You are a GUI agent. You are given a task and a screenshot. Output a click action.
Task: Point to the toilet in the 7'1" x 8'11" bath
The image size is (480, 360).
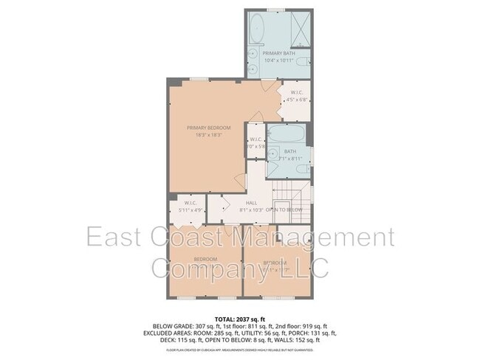click(301, 169)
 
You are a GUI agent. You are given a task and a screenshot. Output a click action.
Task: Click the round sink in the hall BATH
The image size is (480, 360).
click(273, 168)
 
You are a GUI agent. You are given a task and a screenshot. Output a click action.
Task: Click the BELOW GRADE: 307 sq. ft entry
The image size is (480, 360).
click(177, 325)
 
